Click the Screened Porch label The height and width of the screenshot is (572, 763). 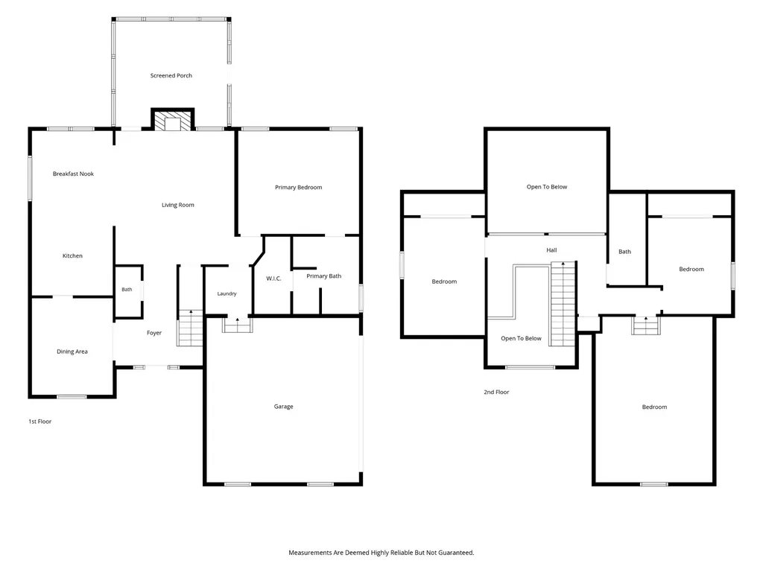(x=171, y=75)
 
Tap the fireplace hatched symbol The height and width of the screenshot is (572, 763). (x=173, y=121)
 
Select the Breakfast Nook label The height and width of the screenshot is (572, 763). (x=73, y=174)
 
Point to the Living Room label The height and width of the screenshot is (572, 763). (x=177, y=205)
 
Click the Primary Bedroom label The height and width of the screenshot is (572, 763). (x=298, y=187)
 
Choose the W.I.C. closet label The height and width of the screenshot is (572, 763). (x=273, y=279)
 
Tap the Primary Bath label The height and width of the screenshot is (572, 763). (x=323, y=276)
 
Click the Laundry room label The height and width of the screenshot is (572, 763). (x=227, y=293)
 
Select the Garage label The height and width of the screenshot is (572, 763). (x=283, y=407)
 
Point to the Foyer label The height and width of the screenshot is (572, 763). (x=153, y=333)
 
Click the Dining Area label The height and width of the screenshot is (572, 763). (x=72, y=352)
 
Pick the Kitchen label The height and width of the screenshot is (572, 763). (x=72, y=256)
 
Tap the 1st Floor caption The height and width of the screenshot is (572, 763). (x=40, y=422)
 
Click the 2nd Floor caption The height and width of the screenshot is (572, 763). (x=496, y=392)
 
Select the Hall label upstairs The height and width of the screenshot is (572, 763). (x=551, y=250)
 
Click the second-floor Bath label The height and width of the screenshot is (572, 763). (x=624, y=252)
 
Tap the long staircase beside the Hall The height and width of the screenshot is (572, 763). (x=563, y=304)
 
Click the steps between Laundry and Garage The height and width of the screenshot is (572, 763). (x=238, y=325)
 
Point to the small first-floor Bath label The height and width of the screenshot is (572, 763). (x=127, y=290)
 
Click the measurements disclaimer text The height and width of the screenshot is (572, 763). (x=381, y=553)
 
